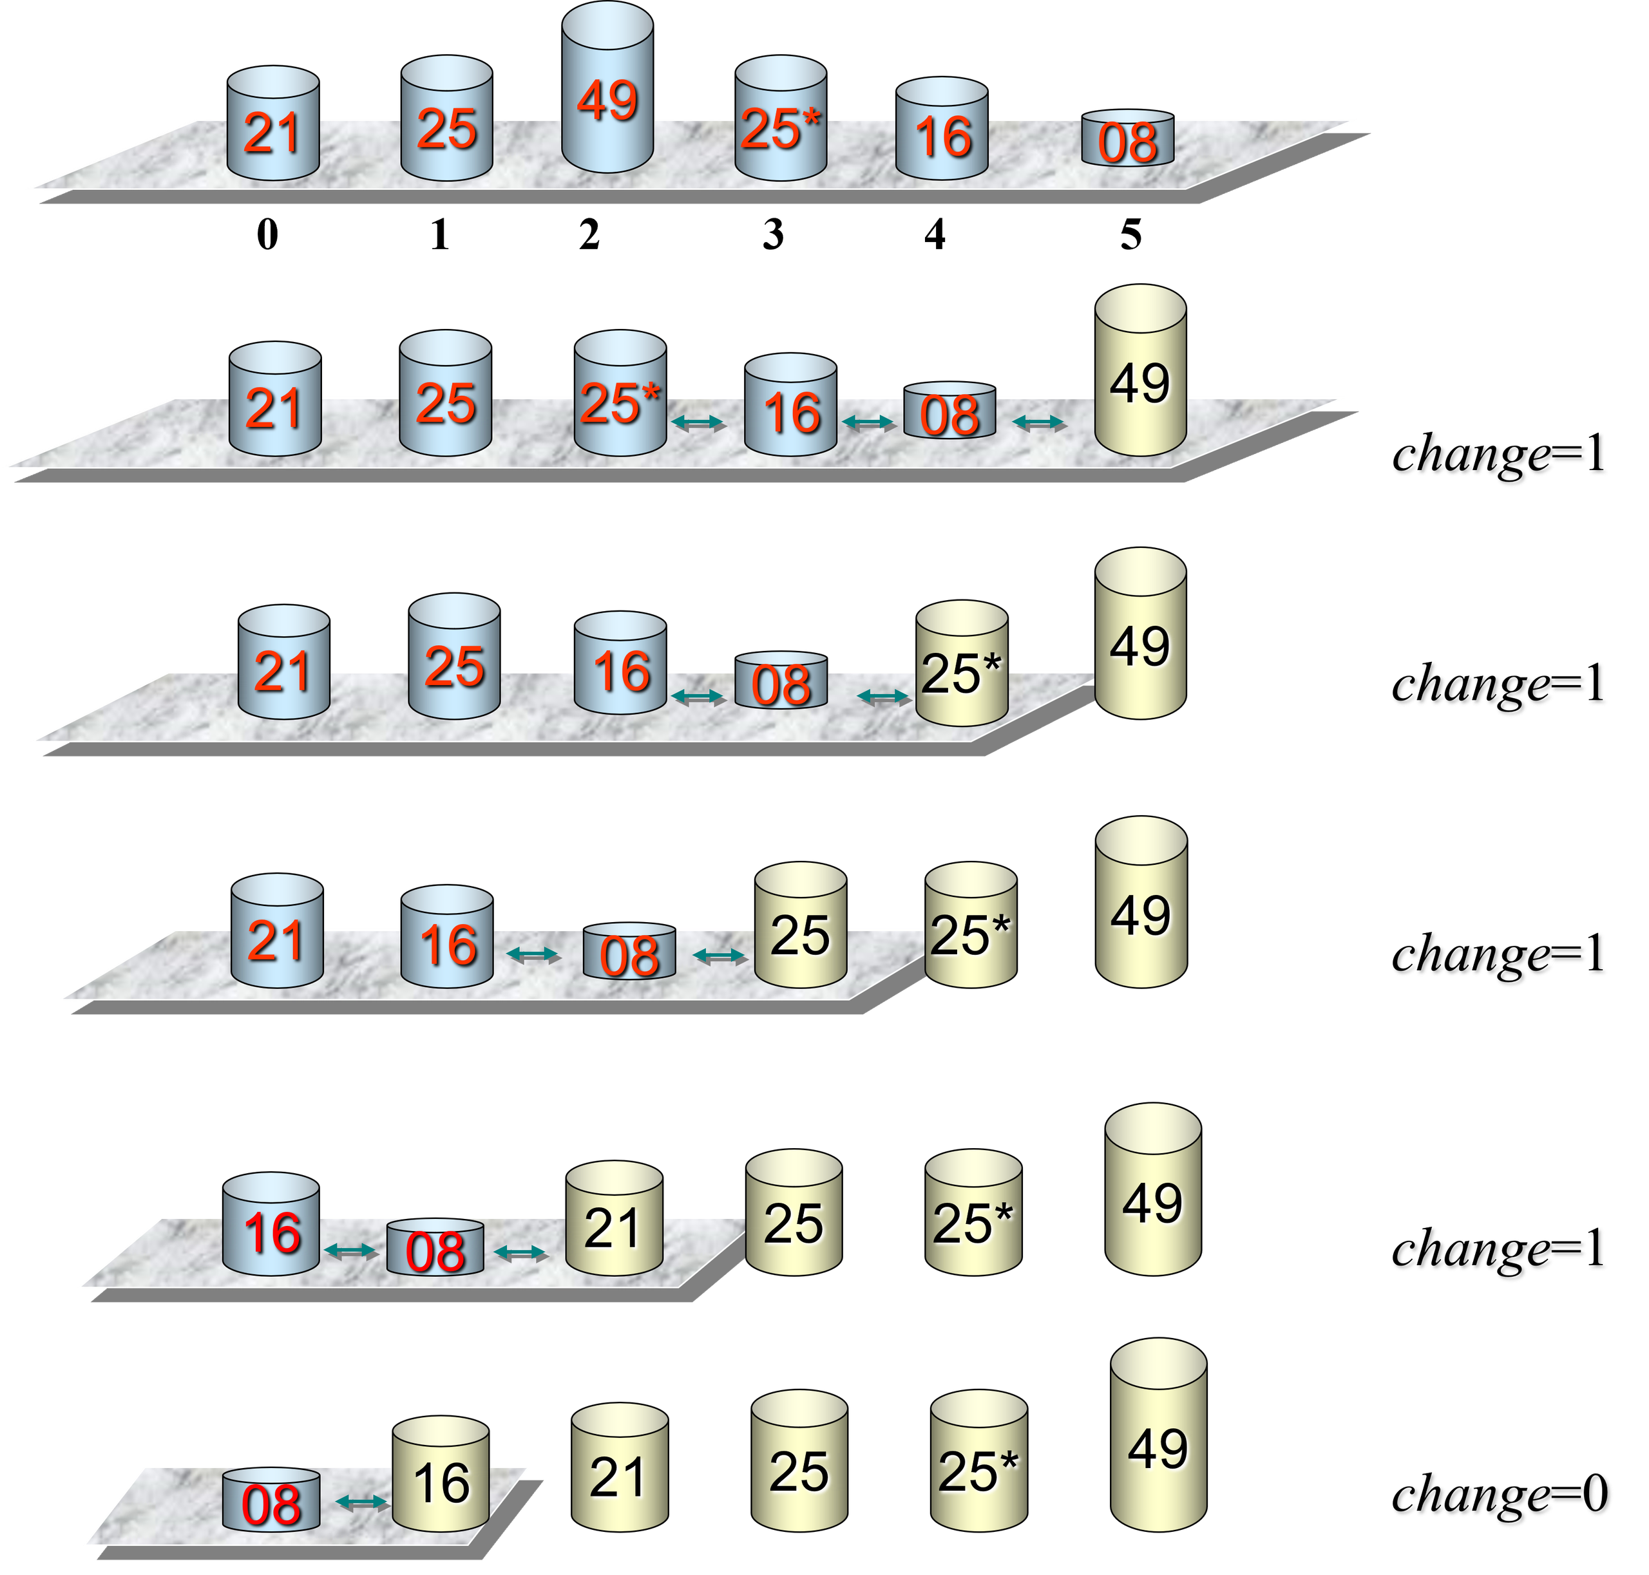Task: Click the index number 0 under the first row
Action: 267,234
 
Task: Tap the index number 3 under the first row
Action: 773,234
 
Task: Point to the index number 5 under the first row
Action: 1130,234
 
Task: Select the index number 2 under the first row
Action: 589,234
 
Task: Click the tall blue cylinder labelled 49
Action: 607,88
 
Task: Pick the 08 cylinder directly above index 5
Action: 1127,138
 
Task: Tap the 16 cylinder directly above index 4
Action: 942,128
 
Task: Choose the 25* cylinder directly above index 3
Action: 781,118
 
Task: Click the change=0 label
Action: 1500,1495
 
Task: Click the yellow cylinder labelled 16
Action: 440,1473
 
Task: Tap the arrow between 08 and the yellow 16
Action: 361,1502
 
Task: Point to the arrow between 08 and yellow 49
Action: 1039,422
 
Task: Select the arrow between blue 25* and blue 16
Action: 698,422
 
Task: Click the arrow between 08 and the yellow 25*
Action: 884,696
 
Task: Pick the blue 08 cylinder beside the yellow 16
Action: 271,1500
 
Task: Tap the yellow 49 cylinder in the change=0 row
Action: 1158,1435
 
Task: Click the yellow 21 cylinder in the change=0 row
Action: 620,1467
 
